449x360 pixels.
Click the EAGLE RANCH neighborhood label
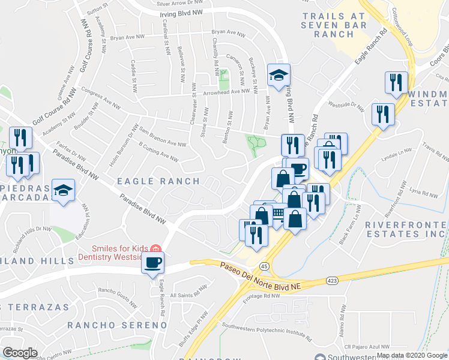point(158,181)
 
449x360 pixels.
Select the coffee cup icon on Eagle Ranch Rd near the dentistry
point(152,263)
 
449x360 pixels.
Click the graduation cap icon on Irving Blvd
point(279,76)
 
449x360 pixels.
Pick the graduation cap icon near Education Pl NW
point(63,191)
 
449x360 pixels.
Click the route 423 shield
point(331,280)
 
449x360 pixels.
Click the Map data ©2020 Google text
point(412,355)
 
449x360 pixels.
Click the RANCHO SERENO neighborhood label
point(116,325)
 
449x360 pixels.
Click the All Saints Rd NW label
point(190,295)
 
